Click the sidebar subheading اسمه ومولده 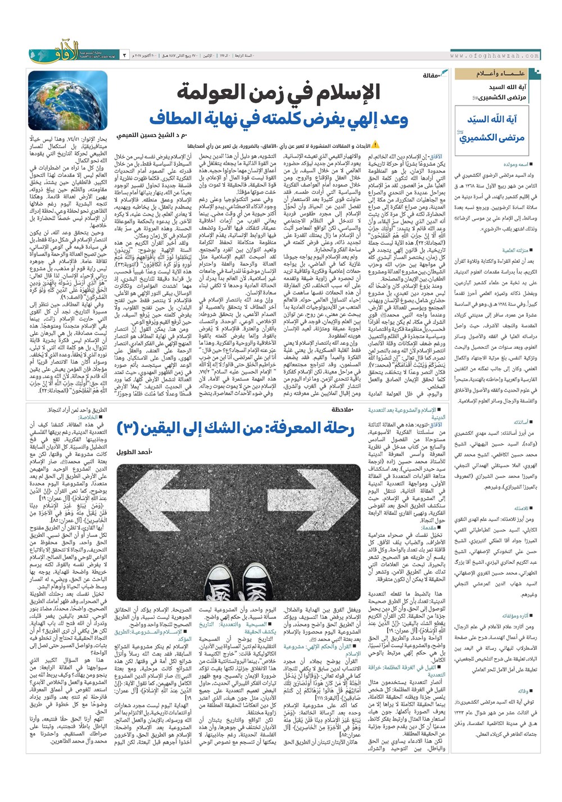[514, 165]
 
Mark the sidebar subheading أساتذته [520, 422]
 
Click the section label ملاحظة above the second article [342, 410]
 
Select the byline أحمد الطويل [135, 452]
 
